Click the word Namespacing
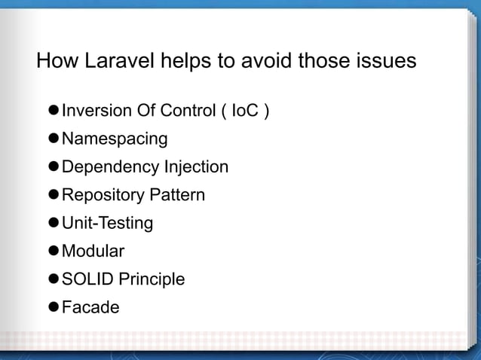pyautogui.click(x=115, y=140)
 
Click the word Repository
pyautogui.click(x=103, y=196)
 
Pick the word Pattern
pyautogui.click(x=176, y=196)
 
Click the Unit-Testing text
pyautogui.click(x=107, y=224)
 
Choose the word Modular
pyautogui.click(x=93, y=252)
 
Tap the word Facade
pyautogui.click(x=90, y=307)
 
